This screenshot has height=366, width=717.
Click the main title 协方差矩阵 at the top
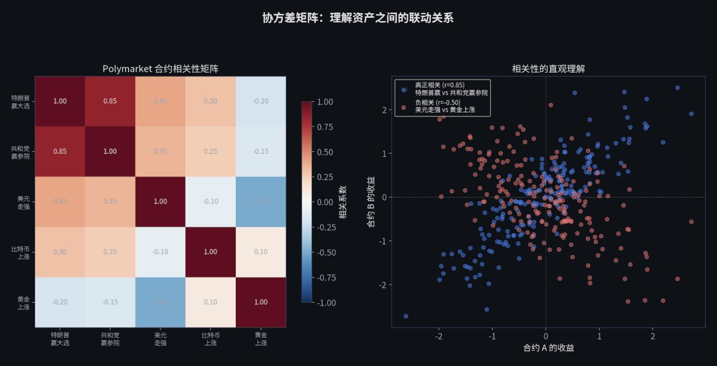[357, 18]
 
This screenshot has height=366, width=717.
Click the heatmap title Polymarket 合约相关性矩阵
[160, 69]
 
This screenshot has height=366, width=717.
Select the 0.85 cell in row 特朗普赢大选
[110, 101]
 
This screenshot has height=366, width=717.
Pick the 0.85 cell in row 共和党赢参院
[59, 151]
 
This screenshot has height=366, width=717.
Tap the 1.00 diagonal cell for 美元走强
[160, 201]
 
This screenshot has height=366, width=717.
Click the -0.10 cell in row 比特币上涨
[160, 252]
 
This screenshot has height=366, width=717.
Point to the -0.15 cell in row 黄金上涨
[110, 302]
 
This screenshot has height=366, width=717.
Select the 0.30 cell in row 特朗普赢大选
[210, 101]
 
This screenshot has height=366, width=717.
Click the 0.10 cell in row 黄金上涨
[210, 302]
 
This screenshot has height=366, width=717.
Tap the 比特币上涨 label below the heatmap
[210, 339]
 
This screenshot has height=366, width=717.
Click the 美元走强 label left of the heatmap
[23, 201]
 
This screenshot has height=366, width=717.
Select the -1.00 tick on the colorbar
[327, 302]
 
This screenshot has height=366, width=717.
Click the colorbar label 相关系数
[343, 202]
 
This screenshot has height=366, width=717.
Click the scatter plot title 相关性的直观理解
[548, 69]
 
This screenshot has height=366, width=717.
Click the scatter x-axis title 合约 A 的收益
[548, 348]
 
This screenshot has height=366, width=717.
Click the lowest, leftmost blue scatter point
[406, 316]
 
